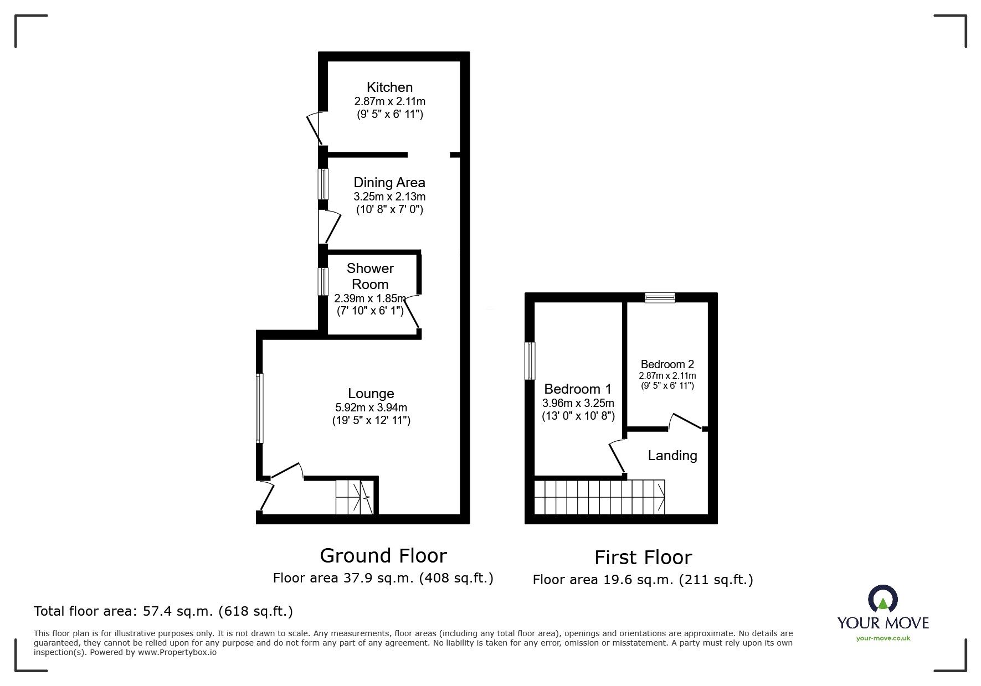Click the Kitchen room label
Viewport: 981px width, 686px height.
coord(389,87)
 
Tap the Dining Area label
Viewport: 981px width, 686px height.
coord(389,183)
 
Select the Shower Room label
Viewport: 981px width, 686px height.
coord(370,276)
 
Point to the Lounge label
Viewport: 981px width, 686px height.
coord(371,394)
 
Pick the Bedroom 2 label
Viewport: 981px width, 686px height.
coord(667,364)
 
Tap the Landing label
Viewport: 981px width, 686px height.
coord(672,456)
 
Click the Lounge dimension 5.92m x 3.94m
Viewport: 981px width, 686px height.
coord(371,408)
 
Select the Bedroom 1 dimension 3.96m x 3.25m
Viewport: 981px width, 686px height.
coord(578,403)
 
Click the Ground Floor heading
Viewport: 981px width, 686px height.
coord(383,555)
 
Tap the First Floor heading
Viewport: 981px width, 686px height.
coord(643,558)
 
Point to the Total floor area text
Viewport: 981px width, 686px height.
coord(163,611)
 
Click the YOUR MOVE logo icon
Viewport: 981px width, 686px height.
coord(882,599)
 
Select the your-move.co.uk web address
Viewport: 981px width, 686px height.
coord(883,638)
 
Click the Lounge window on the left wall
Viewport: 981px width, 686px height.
coord(260,408)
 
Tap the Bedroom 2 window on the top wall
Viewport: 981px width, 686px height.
coord(660,298)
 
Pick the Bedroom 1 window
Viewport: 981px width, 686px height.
coord(531,360)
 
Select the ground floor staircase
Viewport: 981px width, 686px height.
coord(354,497)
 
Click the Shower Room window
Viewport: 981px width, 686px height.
coord(322,281)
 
